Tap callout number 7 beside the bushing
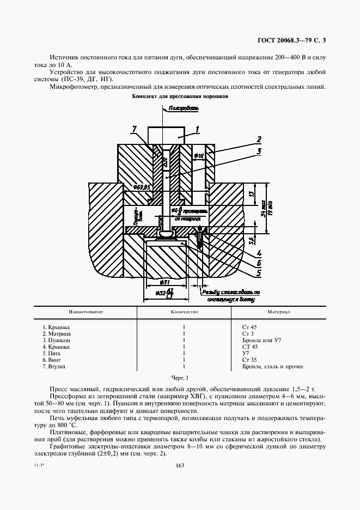tap(134, 129)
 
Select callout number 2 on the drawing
tap(259, 139)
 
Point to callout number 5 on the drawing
tap(259, 272)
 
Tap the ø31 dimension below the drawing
tap(164, 282)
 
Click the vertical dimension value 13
tap(251, 193)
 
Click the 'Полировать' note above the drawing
tap(184, 108)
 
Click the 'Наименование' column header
tap(86, 312)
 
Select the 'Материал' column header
tap(277, 312)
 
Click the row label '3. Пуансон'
tap(57, 340)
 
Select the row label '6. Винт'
tap(53, 360)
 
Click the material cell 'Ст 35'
tap(249, 360)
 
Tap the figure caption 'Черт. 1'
tap(179, 378)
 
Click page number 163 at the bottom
tap(180, 465)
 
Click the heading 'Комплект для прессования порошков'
tap(179, 96)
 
